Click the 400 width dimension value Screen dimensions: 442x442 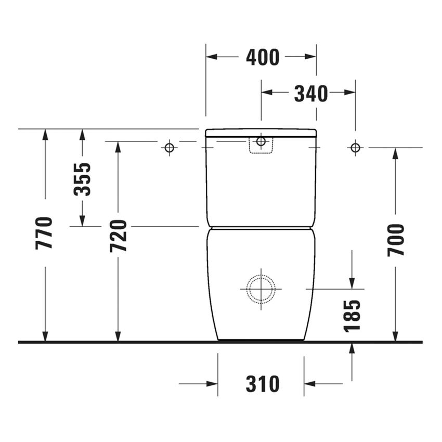263,57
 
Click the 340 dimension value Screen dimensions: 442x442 310,94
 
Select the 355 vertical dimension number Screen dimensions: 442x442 82,179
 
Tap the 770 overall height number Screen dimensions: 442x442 45,232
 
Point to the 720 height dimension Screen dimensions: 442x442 119,236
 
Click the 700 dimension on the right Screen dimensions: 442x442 396,240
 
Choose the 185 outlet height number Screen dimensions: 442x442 352,315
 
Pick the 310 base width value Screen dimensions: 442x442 263,384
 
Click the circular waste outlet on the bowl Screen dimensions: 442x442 261,288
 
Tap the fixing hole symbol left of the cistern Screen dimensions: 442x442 169,148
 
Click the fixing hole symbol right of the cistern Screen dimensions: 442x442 355,148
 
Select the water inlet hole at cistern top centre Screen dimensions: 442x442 261,141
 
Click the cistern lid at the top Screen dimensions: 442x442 261,132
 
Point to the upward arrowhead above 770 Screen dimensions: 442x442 45,134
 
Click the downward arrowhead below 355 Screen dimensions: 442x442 82,221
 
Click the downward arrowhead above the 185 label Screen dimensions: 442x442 352,282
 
